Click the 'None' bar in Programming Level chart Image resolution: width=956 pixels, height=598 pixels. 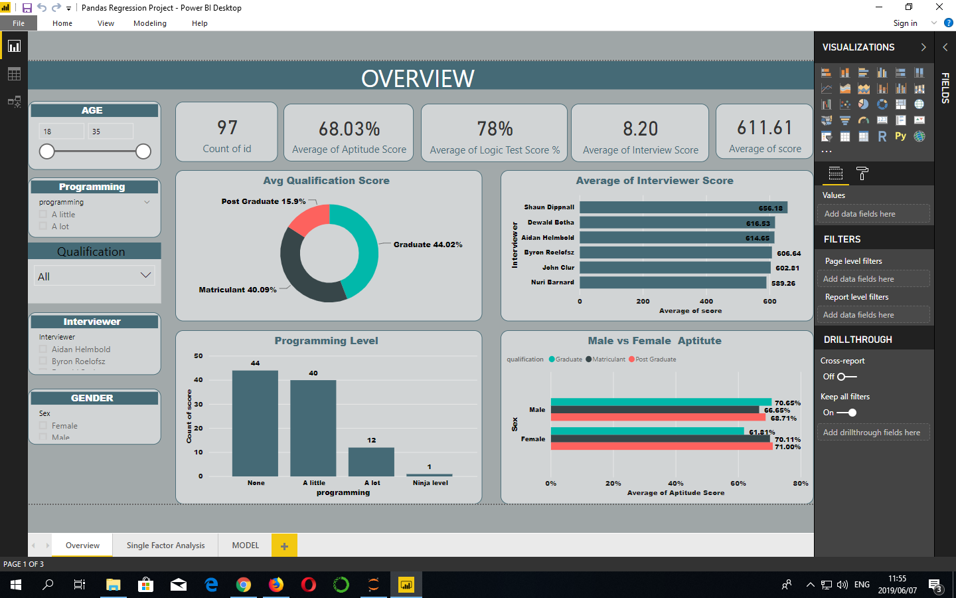pos(255,423)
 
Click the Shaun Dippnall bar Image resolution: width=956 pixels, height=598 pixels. pos(683,208)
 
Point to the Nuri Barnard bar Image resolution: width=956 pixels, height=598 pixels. pos(673,282)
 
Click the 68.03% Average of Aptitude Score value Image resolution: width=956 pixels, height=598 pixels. pos(349,128)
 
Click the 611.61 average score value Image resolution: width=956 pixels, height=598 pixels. pos(765,128)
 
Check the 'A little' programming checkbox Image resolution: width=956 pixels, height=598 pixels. pos(43,215)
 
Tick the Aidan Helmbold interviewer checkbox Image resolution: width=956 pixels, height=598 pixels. pos(43,349)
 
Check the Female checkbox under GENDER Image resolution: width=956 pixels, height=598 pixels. pos(43,426)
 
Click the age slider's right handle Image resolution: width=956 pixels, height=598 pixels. pos(143,151)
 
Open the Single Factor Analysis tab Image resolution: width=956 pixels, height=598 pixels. pos(165,546)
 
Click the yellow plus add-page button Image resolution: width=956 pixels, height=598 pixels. pos(284,546)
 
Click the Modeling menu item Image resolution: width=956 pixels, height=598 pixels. pos(150,23)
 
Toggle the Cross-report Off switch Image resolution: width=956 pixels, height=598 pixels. pos(846,377)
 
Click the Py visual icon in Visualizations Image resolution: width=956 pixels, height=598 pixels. pos(900,136)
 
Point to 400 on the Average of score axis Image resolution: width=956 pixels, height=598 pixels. pos(706,302)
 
